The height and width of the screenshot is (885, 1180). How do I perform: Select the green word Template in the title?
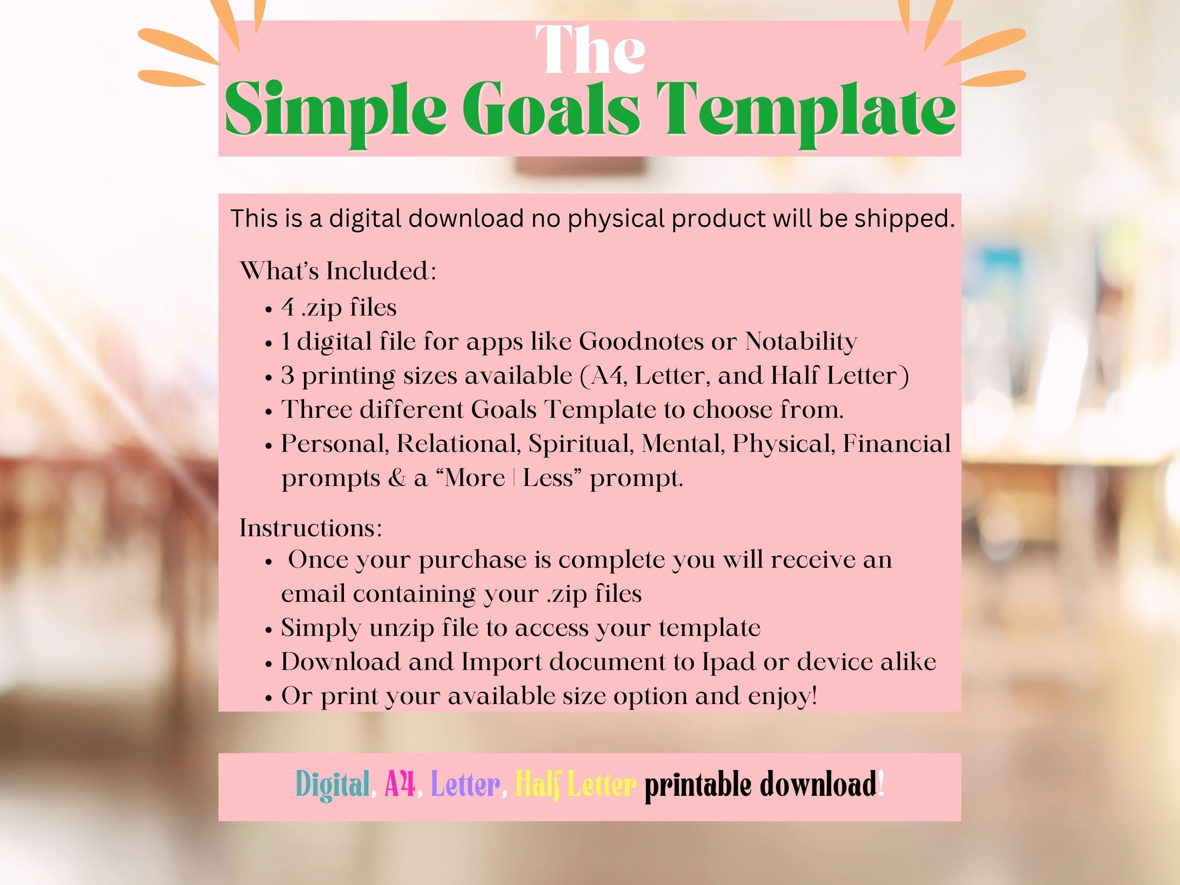805,111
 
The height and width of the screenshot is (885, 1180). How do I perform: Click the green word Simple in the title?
336,111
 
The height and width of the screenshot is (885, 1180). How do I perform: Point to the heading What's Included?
338,271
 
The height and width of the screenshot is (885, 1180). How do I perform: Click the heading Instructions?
310,528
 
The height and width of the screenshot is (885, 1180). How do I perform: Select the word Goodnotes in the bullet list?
641,341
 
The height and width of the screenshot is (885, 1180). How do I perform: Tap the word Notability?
801,341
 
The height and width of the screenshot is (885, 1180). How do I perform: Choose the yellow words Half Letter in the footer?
576,785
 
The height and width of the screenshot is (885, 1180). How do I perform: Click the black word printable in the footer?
699,785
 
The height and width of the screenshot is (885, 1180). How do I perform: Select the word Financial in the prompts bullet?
896,444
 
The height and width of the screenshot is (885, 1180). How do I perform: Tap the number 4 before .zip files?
288,307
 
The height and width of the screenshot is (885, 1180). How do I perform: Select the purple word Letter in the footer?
465,785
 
